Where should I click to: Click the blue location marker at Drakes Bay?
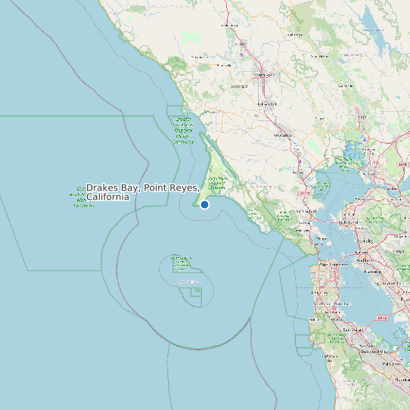point(204,204)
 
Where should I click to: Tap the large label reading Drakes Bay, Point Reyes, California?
point(142,191)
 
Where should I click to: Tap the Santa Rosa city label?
point(262,75)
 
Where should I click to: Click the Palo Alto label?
point(390,364)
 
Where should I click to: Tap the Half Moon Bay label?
point(335,338)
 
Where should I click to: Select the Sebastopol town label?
point(240,86)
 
